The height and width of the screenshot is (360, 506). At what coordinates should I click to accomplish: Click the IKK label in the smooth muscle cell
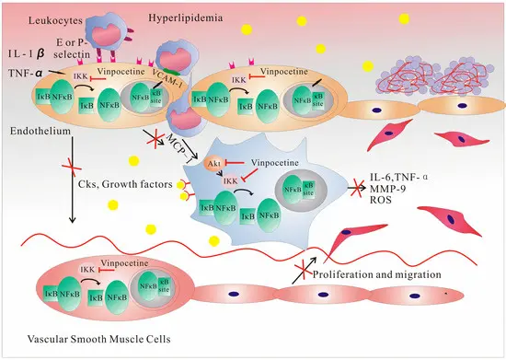pyautogui.click(x=88, y=269)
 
